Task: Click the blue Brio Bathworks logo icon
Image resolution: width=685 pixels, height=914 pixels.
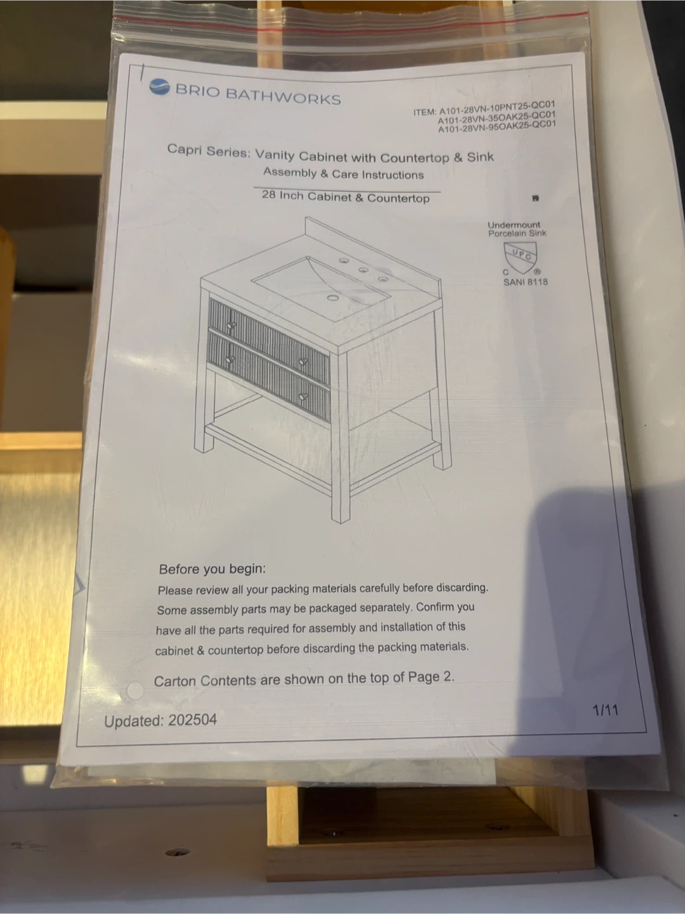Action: click(x=160, y=86)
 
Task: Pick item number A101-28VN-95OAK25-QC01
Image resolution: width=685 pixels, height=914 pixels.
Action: click(x=497, y=126)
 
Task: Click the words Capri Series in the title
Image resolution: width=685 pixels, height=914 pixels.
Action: click(x=208, y=150)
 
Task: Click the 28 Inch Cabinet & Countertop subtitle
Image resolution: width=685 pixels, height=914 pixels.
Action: click(x=346, y=196)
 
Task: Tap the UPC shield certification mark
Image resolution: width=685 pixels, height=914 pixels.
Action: click(x=520, y=256)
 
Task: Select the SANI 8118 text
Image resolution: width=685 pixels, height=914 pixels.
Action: click(x=525, y=282)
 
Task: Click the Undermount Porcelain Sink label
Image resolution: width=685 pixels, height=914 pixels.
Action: click(x=516, y=229)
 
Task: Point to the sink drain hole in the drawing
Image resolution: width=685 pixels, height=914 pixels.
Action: click(x=333, y=297)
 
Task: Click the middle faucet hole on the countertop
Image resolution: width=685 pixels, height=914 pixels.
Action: click(x=363, y=270)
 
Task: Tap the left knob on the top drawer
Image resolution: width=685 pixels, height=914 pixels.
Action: click(x=231, y=324)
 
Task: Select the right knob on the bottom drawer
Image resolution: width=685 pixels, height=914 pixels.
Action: click(x=304, y=395)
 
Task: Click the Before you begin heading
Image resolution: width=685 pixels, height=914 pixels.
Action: click(x=212, y=568)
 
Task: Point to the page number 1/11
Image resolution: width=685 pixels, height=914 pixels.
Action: click(x=605, y=710)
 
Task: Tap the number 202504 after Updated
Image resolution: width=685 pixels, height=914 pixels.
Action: click(x=192, y=720)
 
